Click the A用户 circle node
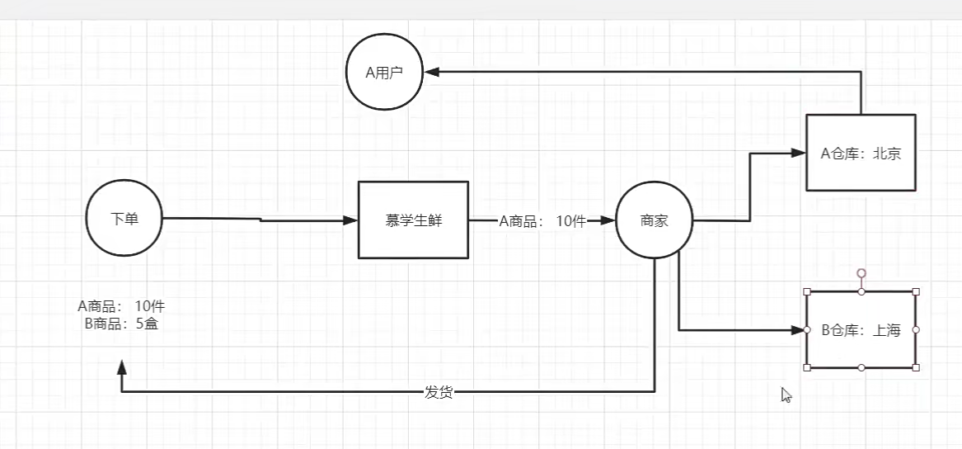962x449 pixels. (x=383, y=73)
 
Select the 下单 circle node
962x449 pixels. (x=124, y=220)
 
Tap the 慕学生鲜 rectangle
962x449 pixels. (x=414, y=220)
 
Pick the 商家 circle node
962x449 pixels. (x=655, y=220)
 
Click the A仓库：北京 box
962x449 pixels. (x=861, y=153)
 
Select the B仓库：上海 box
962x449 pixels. (x=861, y=330)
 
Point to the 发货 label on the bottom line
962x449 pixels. (x=439, y=392)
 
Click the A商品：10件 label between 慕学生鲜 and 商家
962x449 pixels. (x=542, y=220)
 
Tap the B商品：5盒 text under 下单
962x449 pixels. (x=121, y=324)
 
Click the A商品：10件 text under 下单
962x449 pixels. (x=121, y=306)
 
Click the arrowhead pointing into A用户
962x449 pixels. (x=431, y=73)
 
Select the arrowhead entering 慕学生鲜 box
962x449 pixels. (x=351, y=220)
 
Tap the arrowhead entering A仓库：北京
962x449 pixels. (x=798, y=153)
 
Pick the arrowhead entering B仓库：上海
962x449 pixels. (x=798, y=330)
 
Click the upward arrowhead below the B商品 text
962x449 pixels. (x=122, y=366)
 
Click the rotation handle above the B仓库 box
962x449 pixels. (x=861, y=272)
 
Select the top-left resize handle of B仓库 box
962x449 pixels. (x=807, y=291)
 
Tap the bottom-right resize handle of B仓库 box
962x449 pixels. (x=916, y=368)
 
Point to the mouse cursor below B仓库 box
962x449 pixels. (x=786, y=395)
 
